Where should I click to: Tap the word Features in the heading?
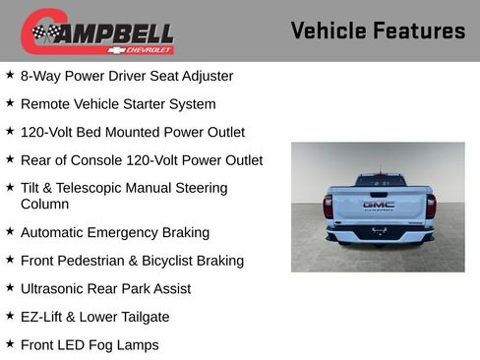coord(421,30)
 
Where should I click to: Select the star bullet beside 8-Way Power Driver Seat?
coord(10,75)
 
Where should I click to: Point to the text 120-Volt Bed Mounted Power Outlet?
coord(132,132)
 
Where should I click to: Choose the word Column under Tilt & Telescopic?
coord(44,204)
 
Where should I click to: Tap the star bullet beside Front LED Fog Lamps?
coord(10,344)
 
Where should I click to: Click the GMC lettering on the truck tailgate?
coord(378,205)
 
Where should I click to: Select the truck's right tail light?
coord(430,206)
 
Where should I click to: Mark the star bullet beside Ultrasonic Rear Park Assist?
coord(10,288)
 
